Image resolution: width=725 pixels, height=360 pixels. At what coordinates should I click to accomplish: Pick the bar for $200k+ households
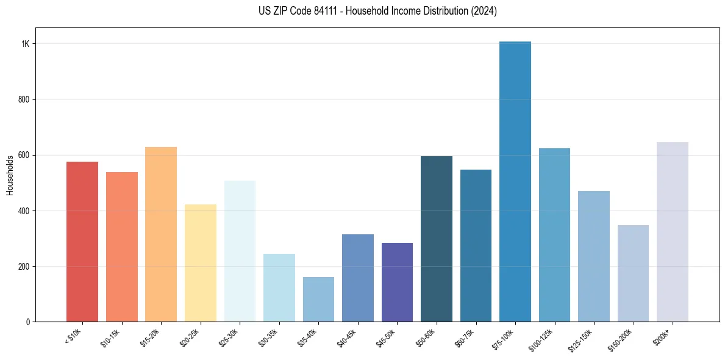[673, 232]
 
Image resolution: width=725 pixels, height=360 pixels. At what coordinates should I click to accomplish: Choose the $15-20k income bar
[161, 234]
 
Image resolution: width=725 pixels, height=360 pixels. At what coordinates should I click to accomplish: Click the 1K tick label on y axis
[26, 44]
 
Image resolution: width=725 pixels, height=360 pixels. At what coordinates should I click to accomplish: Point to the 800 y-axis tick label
[24, 99]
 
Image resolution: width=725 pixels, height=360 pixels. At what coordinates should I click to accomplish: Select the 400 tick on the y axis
[24, 211]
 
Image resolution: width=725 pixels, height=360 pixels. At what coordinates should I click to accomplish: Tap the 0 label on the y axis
[28, 322]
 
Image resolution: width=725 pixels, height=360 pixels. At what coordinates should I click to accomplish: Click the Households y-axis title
[10, 175]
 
